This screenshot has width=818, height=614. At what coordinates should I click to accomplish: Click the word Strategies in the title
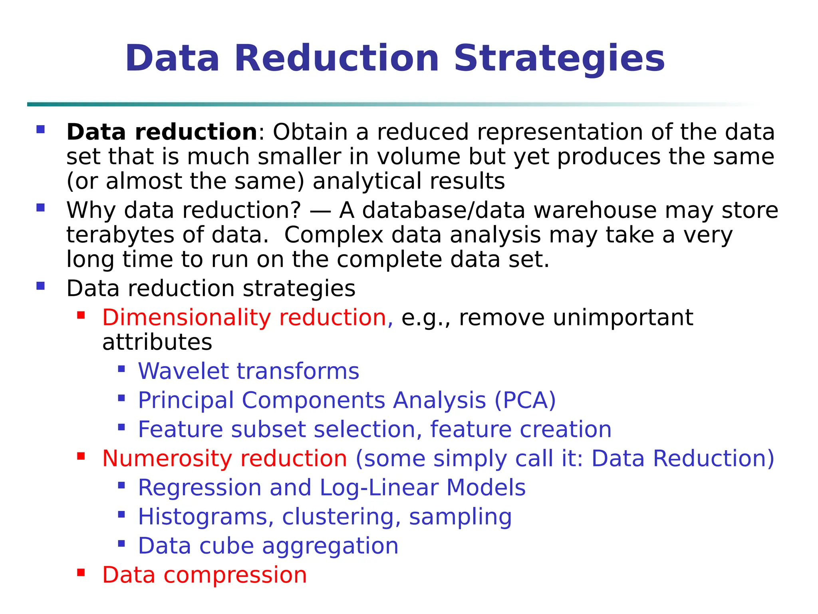pos(559,59)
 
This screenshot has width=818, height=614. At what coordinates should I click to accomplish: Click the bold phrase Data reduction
pos(162,132)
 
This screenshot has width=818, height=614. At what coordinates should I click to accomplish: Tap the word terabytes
pos(120,235)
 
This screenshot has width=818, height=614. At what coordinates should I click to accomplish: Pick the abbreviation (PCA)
pos(525,401)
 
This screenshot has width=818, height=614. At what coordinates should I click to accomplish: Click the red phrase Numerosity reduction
pos(224,459)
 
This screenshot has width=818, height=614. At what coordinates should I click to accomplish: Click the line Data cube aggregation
pos(268,546)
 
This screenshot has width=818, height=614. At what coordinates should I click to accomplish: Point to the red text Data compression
pos(204,575)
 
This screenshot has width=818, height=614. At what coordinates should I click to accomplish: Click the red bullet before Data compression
pos(81,573)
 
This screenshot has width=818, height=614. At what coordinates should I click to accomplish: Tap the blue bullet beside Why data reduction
pos(40,208)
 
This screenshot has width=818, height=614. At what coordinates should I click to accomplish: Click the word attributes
pos(157,343)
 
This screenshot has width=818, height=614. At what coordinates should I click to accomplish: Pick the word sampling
pos(460,517)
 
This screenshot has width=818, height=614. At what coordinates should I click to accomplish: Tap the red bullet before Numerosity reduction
pos(81,456)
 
